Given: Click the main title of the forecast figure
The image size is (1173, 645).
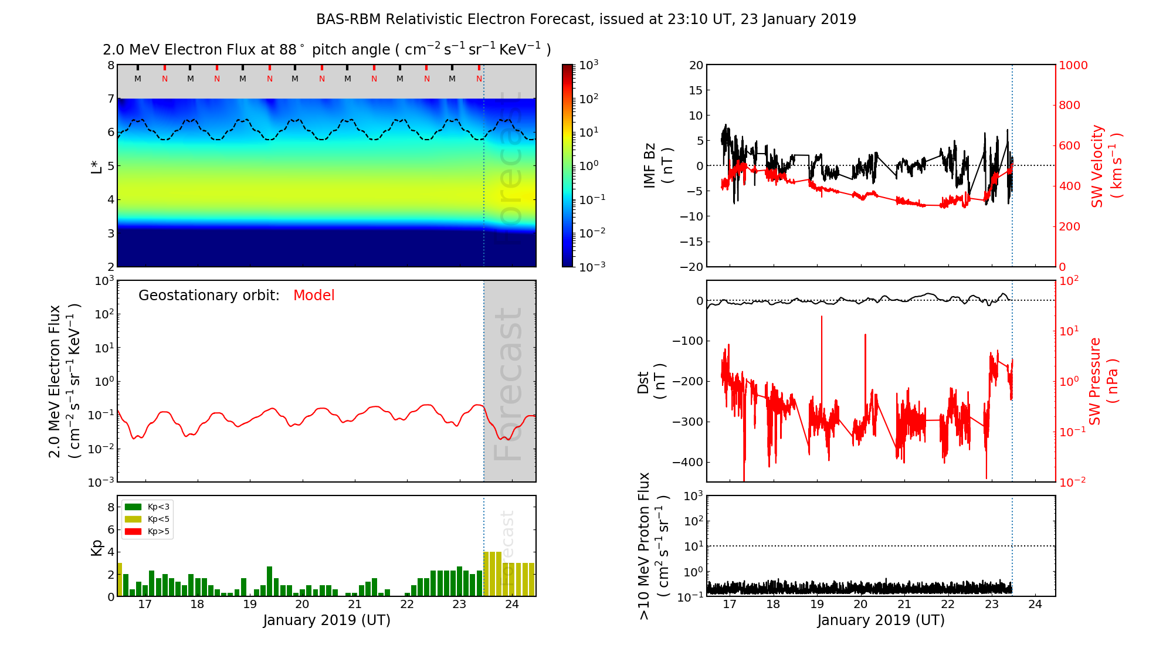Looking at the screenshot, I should click(586, 19).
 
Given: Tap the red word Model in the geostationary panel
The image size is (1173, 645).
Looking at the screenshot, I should click(314, 296).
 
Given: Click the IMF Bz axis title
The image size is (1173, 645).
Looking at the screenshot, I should click(657, 166).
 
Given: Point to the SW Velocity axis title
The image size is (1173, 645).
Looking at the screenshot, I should click(1106, 166).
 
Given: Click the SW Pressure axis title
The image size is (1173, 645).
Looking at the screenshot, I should click(1103, 381).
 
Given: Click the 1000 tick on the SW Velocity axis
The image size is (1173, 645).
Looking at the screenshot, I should click(1073, 66).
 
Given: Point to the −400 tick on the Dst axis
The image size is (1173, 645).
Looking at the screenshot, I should click(687, 462).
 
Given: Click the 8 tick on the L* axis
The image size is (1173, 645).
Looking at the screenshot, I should click(110, 65).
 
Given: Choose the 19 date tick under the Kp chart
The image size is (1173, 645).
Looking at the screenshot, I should click(250, 605).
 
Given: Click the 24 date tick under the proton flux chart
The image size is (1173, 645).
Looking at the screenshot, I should click(1035, 605).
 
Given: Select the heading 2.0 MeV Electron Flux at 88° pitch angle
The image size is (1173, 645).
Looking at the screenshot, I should click(327, 50).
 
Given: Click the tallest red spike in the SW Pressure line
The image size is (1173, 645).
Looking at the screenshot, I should click(821, 317).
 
